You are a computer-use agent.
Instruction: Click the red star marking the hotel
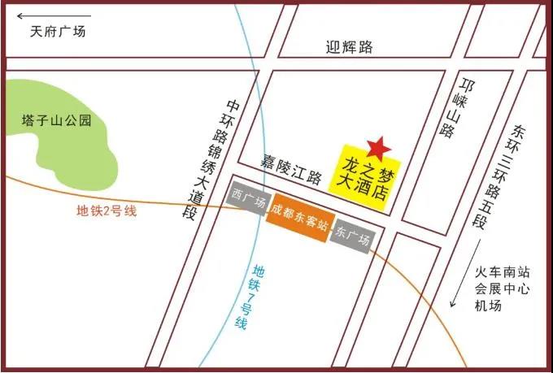pos(378,148)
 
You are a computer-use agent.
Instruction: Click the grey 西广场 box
pos(248,198)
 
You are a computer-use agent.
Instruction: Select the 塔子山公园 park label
pos(57,122)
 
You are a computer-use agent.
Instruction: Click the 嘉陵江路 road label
pos(291,168)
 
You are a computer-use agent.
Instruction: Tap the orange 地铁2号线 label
pos(107,210)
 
